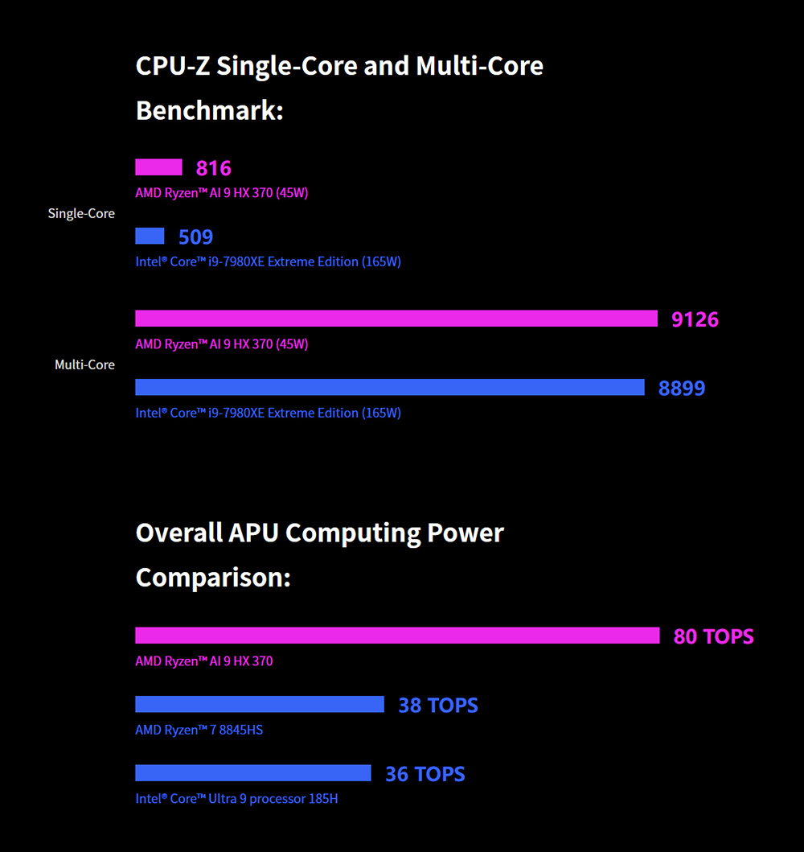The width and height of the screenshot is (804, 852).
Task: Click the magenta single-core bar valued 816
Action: coord(158,167)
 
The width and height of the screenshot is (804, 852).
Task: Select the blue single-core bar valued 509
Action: coord(150,236)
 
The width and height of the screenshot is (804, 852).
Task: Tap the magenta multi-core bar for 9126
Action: coord(396,319)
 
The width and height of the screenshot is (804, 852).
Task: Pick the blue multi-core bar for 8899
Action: coord(390,388)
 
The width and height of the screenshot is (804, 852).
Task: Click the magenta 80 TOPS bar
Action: coord(397,636)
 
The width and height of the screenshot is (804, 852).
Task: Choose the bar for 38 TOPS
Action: coord(260,705)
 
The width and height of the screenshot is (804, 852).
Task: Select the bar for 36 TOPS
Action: coord(253,773)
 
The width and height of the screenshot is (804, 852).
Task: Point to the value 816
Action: coord(214,168)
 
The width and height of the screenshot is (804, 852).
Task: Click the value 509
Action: coord(196,237)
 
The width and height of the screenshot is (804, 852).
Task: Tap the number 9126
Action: coord(695,319)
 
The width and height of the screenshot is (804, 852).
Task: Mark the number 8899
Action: coord(682,389)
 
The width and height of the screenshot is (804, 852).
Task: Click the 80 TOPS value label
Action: coord(714,636)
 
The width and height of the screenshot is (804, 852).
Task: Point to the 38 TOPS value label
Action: coord(438,706)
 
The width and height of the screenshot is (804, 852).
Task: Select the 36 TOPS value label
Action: coord(425,774)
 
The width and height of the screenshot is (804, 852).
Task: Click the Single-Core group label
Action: coord(81,214)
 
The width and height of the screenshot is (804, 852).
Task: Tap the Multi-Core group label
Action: coord(84,365)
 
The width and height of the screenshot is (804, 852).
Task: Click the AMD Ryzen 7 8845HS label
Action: coord(199,731)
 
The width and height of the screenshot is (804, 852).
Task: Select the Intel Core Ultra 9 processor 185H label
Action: coord(236,800)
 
